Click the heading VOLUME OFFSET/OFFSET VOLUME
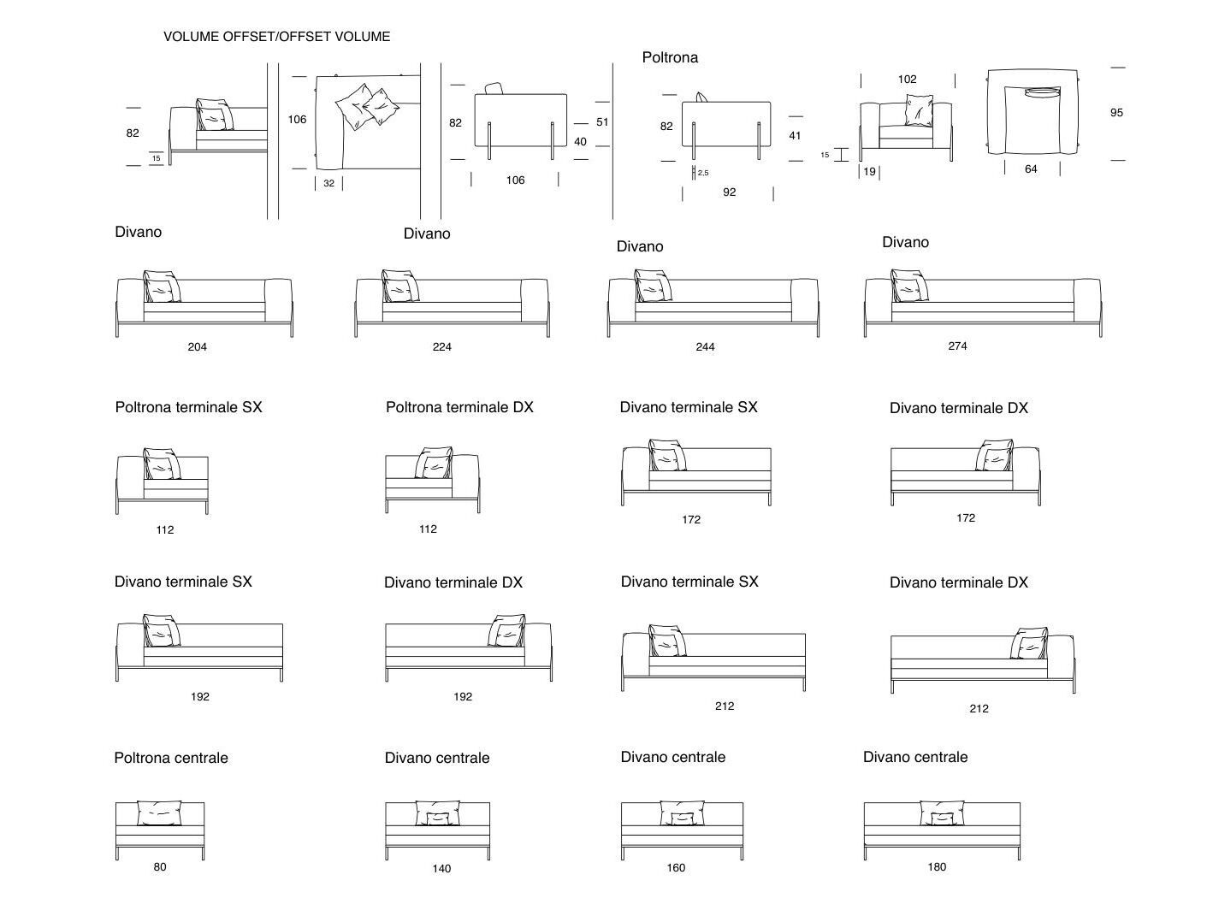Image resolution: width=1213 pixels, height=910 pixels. pos(276,37)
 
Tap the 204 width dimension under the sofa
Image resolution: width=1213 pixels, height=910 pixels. pos(197,347)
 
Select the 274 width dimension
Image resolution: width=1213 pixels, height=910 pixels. pos(957,346)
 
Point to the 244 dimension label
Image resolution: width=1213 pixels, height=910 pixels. pos(705,347)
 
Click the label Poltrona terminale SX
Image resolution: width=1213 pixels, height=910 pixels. pos(188,408)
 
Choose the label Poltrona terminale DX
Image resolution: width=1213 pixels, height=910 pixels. pos(459,408)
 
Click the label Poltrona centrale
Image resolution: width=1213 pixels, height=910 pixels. pos(171,758)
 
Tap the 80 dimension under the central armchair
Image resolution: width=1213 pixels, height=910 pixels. pos(160,867)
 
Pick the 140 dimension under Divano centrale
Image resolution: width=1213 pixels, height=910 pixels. pos(441,869)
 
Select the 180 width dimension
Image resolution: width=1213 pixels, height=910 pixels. pos(937,867)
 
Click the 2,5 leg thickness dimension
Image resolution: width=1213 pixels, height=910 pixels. pos(702,173)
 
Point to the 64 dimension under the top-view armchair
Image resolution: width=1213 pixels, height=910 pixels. pos(1031,169)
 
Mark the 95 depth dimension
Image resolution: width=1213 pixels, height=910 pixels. pos(1116,113)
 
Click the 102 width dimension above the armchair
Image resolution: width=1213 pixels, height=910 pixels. pos(907,80)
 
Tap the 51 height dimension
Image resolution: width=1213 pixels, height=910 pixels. pos(602,122)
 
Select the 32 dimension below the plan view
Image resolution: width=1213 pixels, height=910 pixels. pos(329,184)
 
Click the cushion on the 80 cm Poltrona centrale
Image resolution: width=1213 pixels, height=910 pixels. pos(160,812)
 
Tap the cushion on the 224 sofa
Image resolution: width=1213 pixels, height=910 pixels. pos(400,287)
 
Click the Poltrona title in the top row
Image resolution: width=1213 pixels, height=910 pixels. pos(670,57)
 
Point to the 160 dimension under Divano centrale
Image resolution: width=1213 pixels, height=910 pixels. pos(676,868)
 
